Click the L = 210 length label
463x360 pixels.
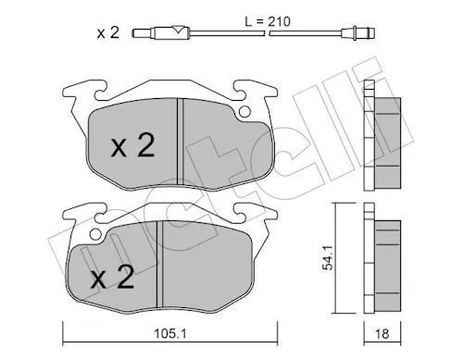point(268,21)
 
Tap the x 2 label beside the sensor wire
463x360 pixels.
point(108,32)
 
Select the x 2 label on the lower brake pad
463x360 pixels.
point(112,277)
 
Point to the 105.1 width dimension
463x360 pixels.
point(170,333)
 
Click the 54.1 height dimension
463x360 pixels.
point(327,258)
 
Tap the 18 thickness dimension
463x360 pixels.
point(382,333)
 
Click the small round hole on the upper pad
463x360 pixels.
point(244,112)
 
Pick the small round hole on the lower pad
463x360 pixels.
point(95,235)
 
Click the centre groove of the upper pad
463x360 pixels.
point(180,142)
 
